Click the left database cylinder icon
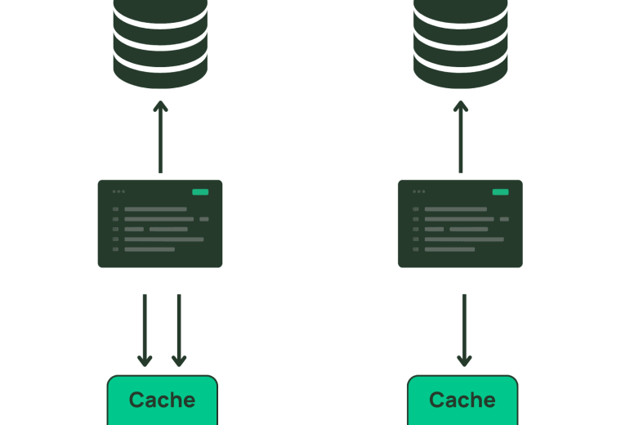tap(160, 43)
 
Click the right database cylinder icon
tap(461, 43)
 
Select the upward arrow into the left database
tap(160, 137)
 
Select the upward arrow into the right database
tap(461, 137)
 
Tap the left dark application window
tap(160, 224)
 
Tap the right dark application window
tap(460, 224)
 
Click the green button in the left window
tap(200, 192)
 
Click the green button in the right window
tap(500, 192)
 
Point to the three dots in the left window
tap(118, 192)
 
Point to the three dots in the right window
tap(419, 192)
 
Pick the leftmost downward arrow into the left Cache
tap(145, 330)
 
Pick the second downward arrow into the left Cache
tap(179, 330)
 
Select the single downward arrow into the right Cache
tap(464, 330)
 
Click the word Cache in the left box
tap(162, 400)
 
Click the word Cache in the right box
tap(462, 400)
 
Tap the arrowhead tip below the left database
tap(160, 101)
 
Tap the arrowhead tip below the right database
tap(461, 101)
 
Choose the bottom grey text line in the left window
tap(150, 249)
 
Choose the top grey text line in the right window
tap(456, 209)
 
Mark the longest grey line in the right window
tap(464, 239)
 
